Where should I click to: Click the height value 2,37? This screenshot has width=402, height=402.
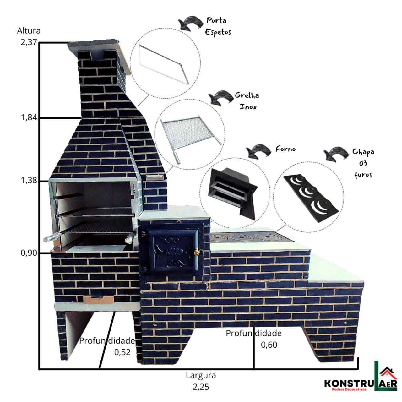(x=29, y=42)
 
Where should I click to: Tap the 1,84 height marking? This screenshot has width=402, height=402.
(x=29, y=117)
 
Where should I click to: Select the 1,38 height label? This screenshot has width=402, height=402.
(x=29, y=180)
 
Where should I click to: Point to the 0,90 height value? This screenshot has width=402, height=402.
(x=29, y=253)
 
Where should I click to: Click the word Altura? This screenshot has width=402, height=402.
(x=29, y=31)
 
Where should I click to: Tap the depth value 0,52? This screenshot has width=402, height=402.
(x=122, y=352)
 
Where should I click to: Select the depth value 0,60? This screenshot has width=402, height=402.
(x=269, y=345)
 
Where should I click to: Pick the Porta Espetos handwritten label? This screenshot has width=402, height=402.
(x=218, y=26)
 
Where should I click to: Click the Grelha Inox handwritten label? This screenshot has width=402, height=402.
(x=247, y=101)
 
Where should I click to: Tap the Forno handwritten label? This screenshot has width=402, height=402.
(x=285, y=149)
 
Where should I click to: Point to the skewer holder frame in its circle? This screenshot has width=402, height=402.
(x=164, y=65)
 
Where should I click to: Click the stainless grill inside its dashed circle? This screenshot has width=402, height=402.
(x=191, y=138)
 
